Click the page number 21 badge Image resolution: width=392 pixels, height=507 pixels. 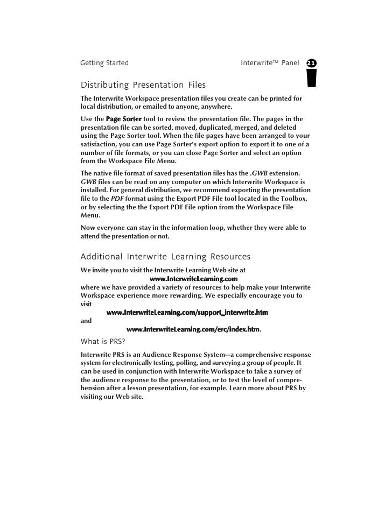(x=311, y=64)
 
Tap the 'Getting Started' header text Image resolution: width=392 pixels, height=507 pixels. (x=104, y=63)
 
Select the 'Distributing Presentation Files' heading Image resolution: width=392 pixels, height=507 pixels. (x=143, y=85)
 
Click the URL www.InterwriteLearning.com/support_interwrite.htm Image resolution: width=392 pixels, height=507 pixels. (x=187, y=313)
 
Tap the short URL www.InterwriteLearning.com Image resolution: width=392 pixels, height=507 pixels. (x=193, y=279)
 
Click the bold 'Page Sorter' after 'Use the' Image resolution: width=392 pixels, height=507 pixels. (x=124, y=119)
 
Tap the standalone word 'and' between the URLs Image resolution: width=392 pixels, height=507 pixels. (x=86, y=321)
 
